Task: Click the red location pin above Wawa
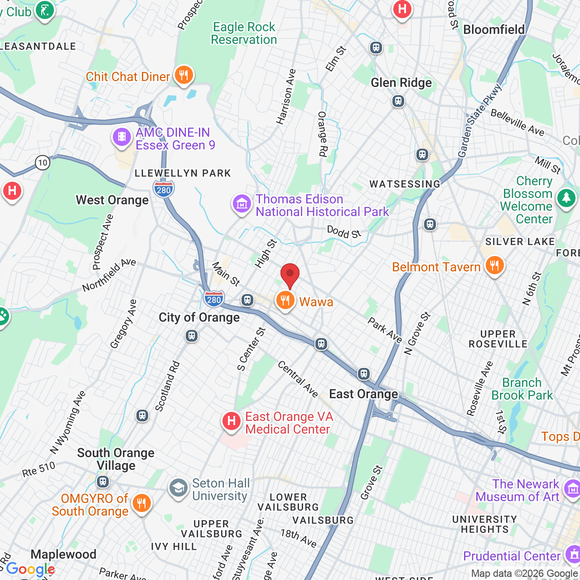click(290, 275)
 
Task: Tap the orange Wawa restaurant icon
click(285, 300)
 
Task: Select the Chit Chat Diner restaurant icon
click(184, 75)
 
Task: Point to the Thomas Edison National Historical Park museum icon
click(242, 204)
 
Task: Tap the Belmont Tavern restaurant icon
click(494, 266)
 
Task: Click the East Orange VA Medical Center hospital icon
click(231, 421)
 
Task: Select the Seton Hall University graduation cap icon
click(179, 488)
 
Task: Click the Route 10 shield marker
click(43, 163)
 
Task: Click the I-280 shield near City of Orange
click(213, 299)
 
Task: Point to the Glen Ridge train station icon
click(398, 101)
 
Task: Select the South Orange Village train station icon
click(103, 481)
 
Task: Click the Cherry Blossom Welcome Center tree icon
click(566, 198)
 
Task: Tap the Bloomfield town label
click(494, 30)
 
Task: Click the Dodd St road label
click(344, 232)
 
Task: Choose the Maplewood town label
click(63, 554)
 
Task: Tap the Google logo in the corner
click(30, 569)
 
